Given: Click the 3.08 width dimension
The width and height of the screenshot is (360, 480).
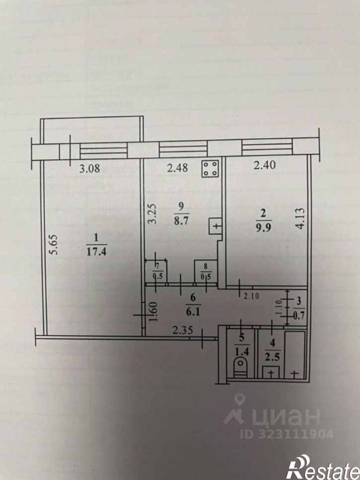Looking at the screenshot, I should tap(90, 168).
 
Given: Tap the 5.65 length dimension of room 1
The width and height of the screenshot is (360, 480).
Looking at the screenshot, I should tap(54, 245).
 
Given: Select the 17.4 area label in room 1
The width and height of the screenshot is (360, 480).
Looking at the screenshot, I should tap(96, 252).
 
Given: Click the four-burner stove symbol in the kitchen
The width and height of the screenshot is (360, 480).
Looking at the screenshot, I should tap(211, 169).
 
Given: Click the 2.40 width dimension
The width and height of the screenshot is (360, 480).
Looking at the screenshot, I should tap(264, 168).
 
